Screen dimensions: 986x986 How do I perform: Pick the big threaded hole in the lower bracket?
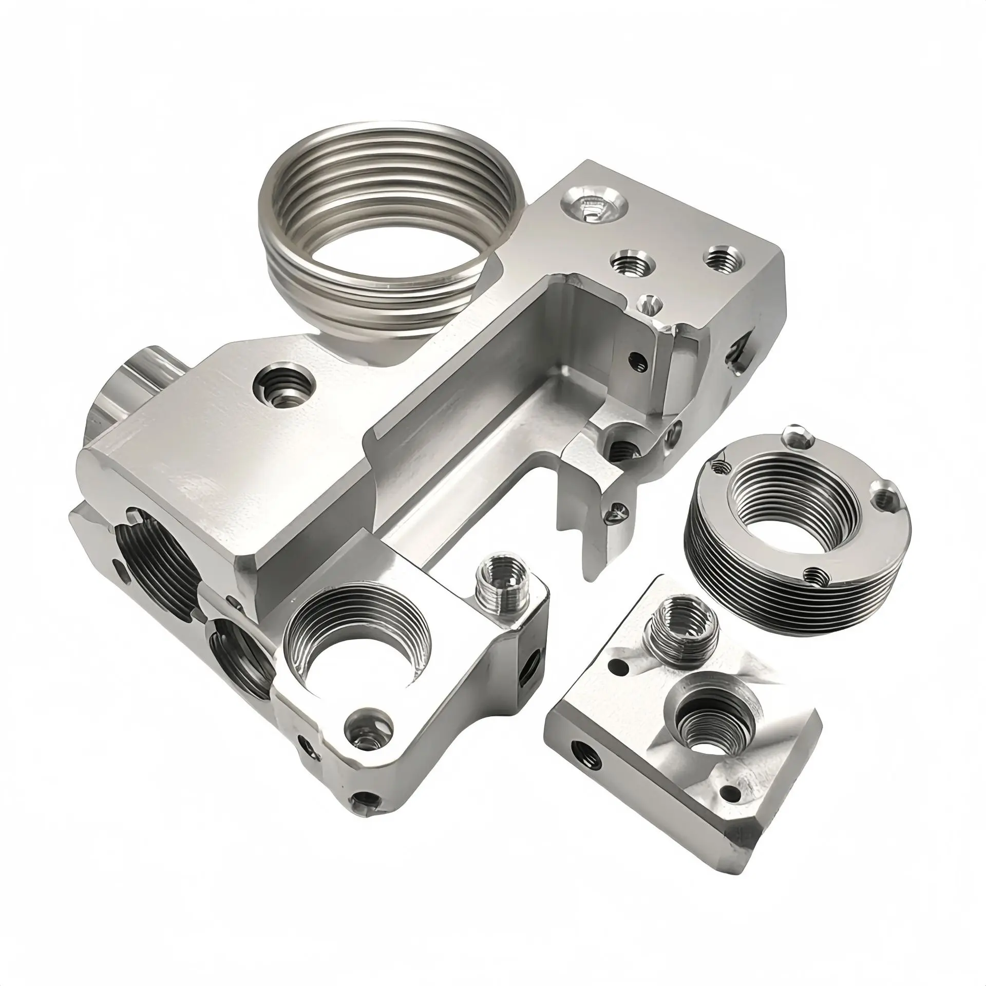(x=359, y=657)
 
